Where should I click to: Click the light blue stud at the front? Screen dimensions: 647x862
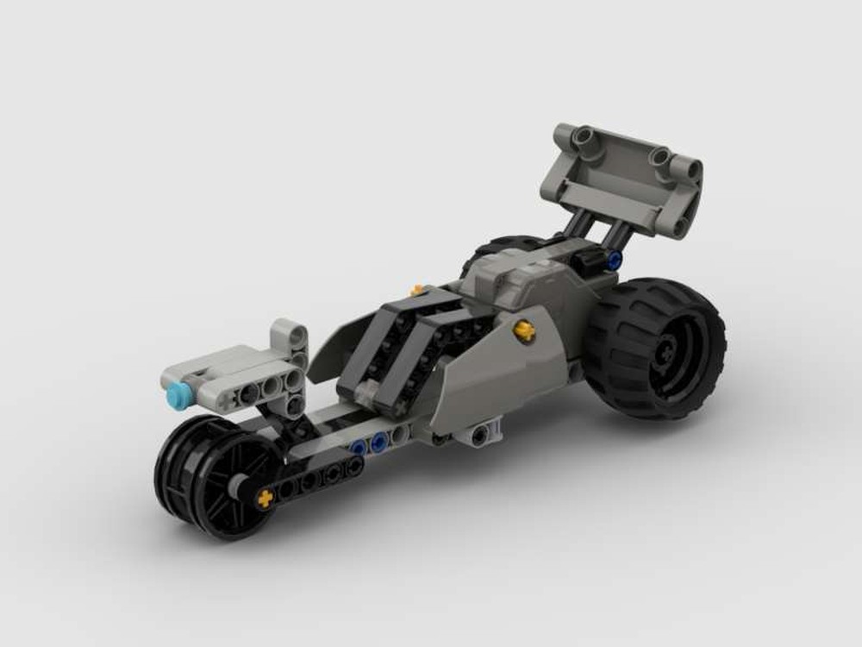[x=178, y=395]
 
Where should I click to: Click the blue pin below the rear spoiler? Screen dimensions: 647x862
[x=614, y=259]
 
